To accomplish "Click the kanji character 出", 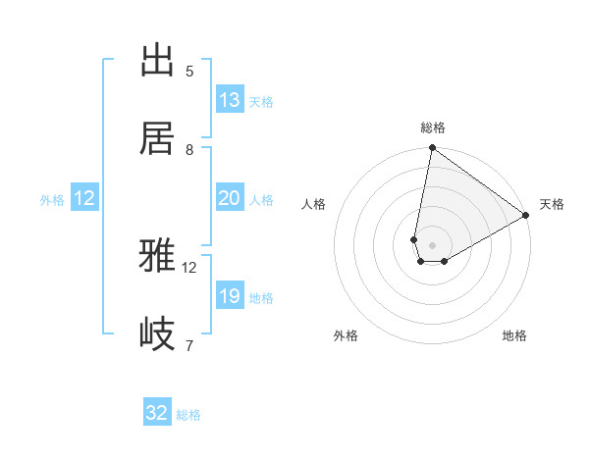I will (157, 61).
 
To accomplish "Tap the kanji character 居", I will (157, 138).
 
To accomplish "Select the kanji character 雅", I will (157, 257).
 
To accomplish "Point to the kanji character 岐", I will (157, 334).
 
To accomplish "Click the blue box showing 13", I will (230, 100).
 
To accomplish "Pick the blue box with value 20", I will (230, 198).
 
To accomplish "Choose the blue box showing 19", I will (230, 296).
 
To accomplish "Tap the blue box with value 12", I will (84, 198).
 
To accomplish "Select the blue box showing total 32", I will (157, 413).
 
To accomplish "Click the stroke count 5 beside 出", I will (189, 72).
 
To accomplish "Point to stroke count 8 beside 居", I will (189, 150).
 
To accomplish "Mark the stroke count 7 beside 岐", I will (189, 345).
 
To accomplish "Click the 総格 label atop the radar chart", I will (432, 128).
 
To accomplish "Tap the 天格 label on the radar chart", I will (552, 204).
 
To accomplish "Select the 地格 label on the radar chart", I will (514, 335).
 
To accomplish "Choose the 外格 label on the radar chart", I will (346, 335).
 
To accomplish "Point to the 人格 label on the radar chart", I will (314, 204).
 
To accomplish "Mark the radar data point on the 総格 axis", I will (432, 149).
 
